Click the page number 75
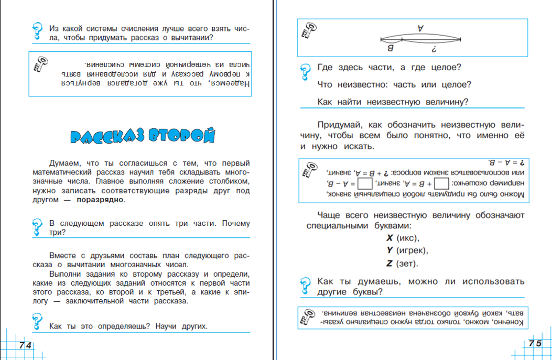[x=535, y=344]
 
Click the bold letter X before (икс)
[x=389, y=238]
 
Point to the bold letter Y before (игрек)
[x=389, y=250]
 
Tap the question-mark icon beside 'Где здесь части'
[x=305, y=71]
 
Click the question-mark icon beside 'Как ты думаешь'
[x=305, y=285]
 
